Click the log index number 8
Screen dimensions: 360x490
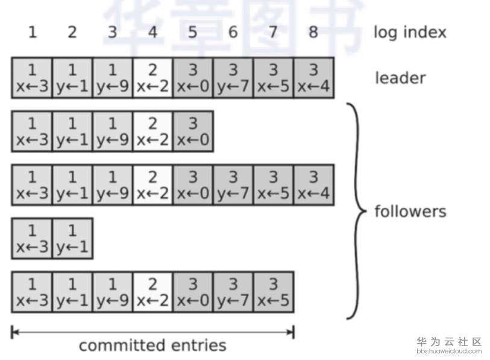(313, 32)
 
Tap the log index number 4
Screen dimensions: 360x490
(152, 32)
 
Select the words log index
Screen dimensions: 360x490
(410, 32)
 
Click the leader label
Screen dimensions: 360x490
(400, 78)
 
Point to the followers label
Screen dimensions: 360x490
(410, 212)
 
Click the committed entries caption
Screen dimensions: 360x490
(152, 346)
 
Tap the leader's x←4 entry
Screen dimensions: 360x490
(313, 78)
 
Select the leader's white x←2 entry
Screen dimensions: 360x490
(152, 78)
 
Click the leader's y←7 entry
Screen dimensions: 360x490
(233, 78)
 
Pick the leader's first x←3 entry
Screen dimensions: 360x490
(32, 78)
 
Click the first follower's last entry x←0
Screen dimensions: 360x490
(193, 131)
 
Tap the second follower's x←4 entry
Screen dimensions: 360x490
(313, 185)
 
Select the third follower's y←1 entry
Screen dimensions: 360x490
(72, 238)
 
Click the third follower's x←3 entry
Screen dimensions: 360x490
(32, 238)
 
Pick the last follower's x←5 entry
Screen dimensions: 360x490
(273, 292)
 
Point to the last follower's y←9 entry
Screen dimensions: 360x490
(112, 292)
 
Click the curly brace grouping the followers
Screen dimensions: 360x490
(357, 211)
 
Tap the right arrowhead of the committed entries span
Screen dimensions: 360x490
(291, 331)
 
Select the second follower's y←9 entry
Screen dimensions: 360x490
(112, 185)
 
